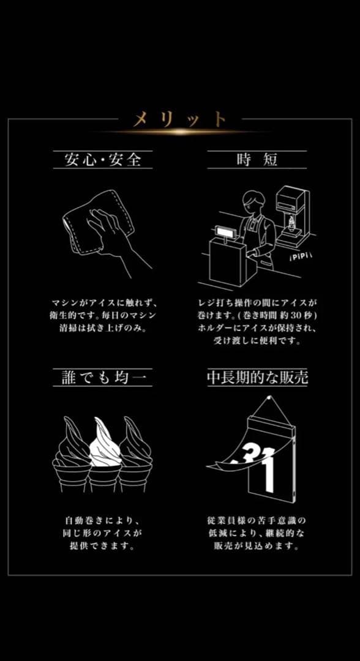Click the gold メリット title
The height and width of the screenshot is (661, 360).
179,120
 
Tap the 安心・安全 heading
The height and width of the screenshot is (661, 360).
102,160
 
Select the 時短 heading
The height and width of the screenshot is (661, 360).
257,160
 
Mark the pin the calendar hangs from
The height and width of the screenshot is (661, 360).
269,398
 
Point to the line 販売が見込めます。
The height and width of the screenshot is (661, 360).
257,547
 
